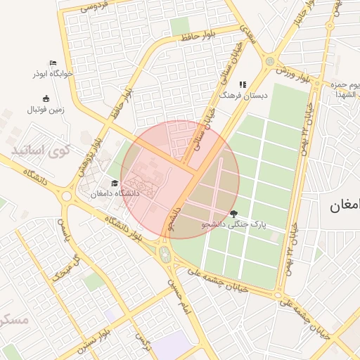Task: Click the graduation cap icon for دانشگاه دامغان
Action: (115, 184)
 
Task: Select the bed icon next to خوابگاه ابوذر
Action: (52, 63)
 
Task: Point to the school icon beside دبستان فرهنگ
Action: (243, 84)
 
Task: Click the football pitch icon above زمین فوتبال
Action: (46, 98)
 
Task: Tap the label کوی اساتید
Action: (42, 150)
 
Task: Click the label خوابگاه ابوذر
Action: (51, 73)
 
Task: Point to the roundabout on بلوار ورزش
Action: (270, 61)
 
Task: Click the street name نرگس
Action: (146, 342)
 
